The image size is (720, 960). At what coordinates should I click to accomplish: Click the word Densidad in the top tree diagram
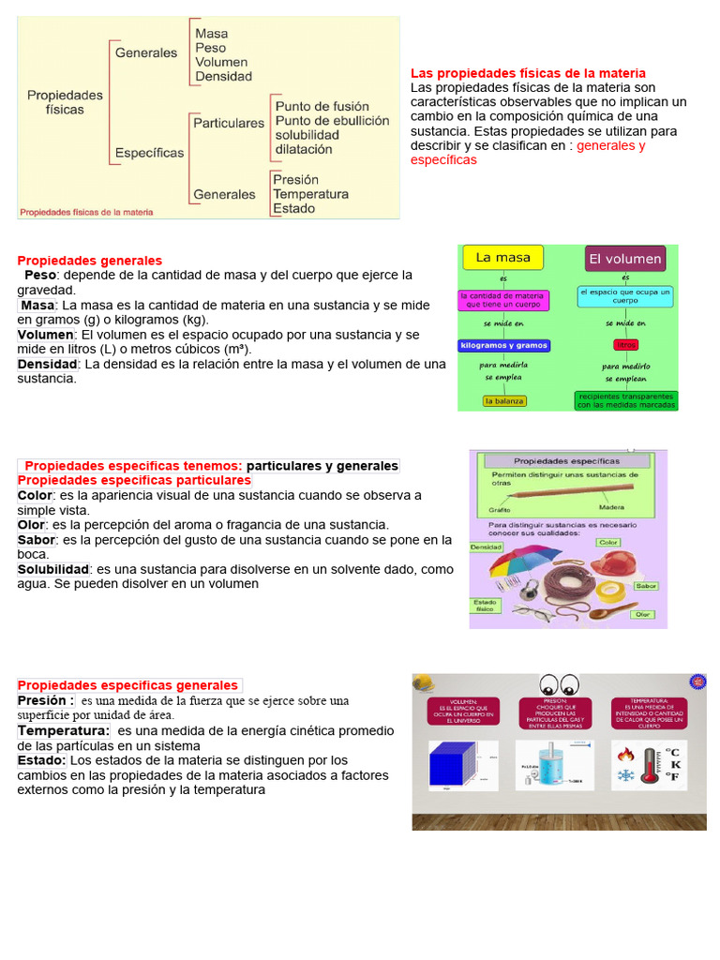[223, 77]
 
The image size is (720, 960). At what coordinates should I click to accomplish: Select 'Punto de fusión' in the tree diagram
[322, 107]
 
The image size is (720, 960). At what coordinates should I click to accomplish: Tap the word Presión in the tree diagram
[295, 179]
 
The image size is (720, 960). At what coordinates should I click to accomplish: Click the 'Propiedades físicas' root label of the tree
[65, 102]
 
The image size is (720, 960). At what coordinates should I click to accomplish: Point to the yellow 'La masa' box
[503, 258]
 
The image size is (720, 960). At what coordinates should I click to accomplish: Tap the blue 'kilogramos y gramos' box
[503, 345]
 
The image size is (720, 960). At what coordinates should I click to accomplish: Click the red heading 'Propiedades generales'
[90, 261]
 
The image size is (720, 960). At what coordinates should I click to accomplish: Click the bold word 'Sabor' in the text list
[37, 540]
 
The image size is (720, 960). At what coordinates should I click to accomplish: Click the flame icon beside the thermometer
[626, 753]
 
